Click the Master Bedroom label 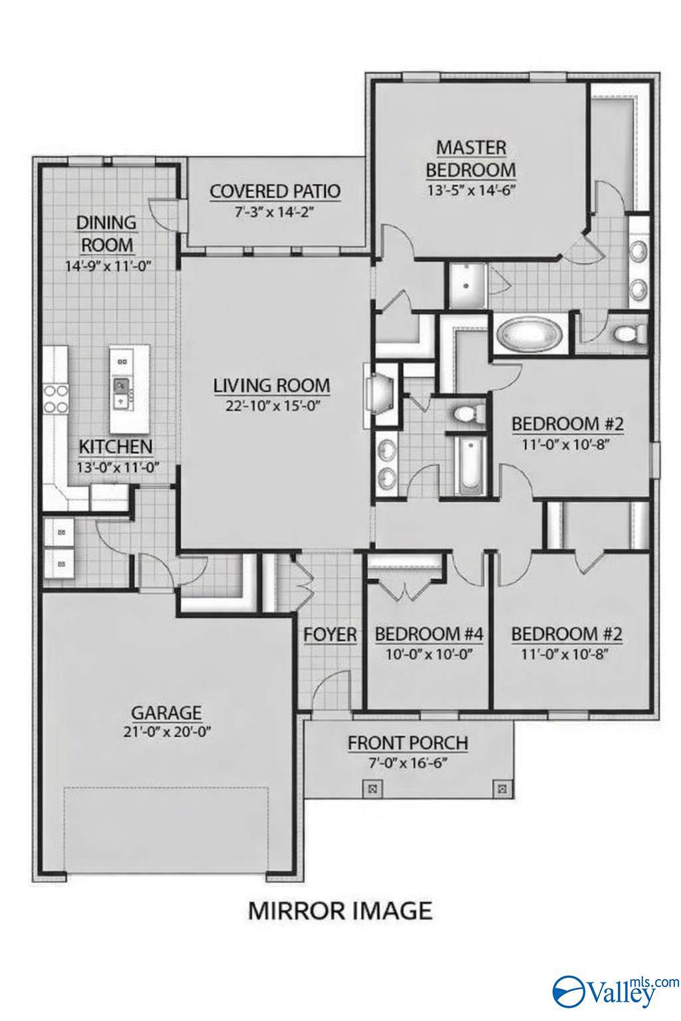[471, 159]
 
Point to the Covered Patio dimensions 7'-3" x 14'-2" [275, 212]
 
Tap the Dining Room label [106, 234]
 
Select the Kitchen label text [116, 447]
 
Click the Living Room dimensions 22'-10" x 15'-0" [272, 405]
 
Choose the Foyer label [330, 635]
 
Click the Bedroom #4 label [429, 634]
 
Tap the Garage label [166, 712]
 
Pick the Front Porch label [408, 743]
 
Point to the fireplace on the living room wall [378, 395]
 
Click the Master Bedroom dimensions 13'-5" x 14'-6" [472, 190]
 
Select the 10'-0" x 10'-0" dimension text [429, 655]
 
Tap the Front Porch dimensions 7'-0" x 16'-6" [408, 763]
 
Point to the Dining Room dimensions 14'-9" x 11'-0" [107, 265]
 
